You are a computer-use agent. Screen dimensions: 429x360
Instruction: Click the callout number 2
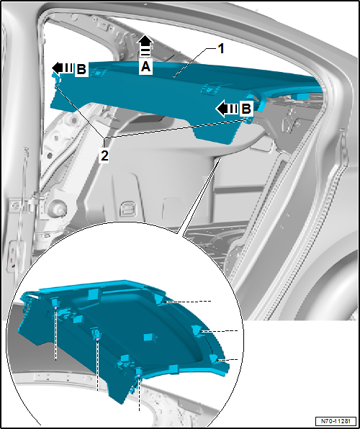pyautogui.click(x=105, y=154)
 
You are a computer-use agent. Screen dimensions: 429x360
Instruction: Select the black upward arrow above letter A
pyautogui.click(x=145, y=43)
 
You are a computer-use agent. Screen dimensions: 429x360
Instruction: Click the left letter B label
pyautogui.click(x=81, y=69)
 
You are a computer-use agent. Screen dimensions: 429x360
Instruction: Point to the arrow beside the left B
pyautogui.click(x=63, y=68)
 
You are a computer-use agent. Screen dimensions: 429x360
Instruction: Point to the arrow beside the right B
pyautogui.click(x=227, y=109)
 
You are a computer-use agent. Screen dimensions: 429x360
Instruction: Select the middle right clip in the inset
pyautogui.click(x=196, y=330)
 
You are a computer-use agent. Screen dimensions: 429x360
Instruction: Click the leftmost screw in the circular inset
pyautogui.click(x=55, y=310)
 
